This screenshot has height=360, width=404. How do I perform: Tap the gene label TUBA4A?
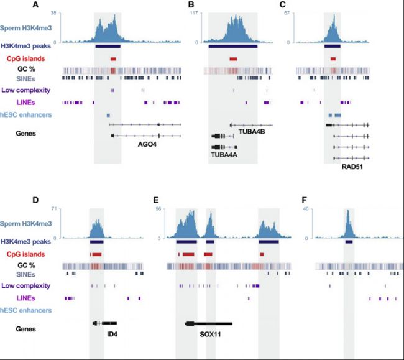click(x=224, y=155)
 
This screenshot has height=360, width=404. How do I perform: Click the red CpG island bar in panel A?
click(x=113, y=58)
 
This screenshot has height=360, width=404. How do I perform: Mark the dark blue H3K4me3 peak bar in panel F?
click(x=349, y=242)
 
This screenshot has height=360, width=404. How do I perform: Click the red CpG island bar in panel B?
click(x=233, y=58)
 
